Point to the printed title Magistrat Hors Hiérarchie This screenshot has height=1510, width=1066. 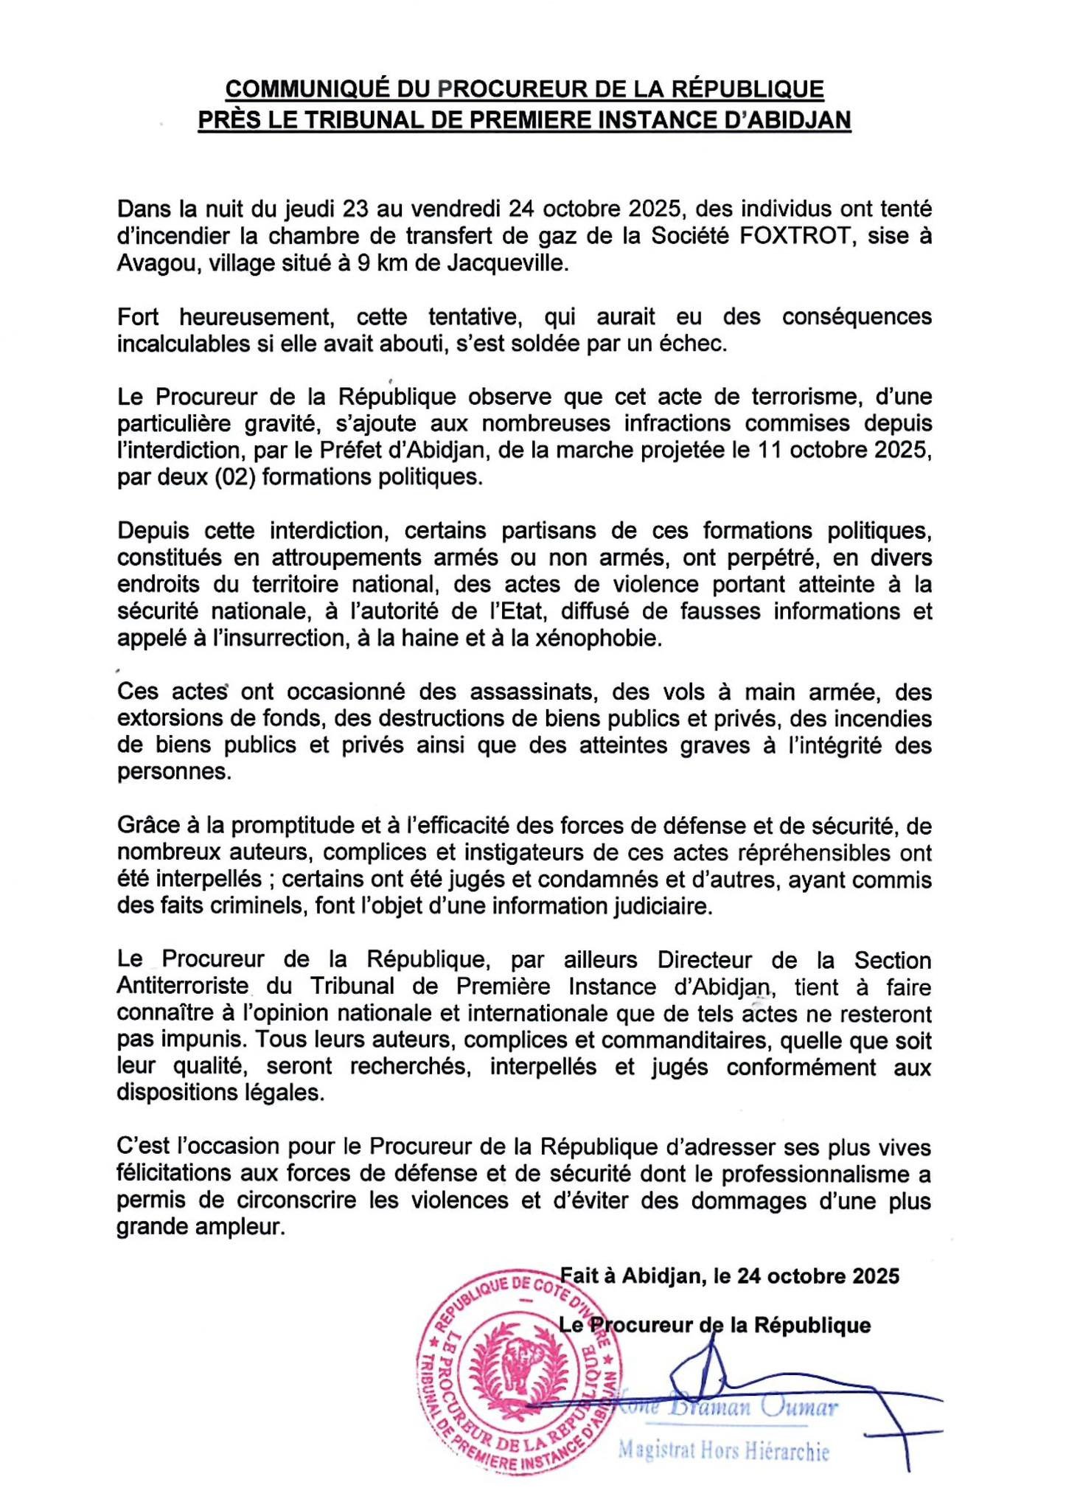click(x=723, y=1452)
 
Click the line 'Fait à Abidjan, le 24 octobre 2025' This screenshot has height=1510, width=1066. click(x=730, y=1276)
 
